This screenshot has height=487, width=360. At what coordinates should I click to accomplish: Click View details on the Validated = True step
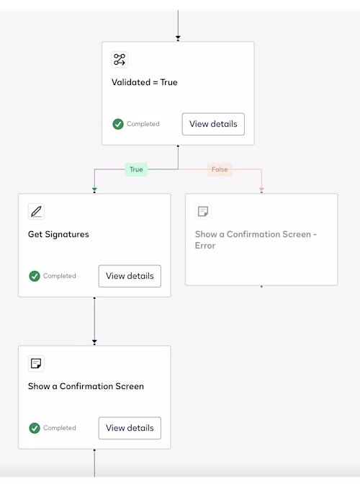213,124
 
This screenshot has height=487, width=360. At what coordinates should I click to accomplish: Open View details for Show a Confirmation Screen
130,428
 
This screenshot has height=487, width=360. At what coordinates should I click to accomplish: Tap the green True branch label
136,169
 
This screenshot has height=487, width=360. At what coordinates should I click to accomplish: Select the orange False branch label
220,169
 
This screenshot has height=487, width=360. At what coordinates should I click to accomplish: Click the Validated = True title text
145,82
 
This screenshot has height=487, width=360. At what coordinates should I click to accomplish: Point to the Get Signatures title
58,234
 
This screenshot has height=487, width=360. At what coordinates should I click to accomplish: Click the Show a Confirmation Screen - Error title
256,240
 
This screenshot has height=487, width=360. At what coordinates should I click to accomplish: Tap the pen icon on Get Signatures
36,212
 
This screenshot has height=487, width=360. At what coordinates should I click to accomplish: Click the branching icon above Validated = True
120,59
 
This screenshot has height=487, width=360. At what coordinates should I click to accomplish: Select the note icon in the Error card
203,212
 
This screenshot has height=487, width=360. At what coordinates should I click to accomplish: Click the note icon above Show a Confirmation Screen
36,363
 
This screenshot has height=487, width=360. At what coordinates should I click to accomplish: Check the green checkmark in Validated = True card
118,124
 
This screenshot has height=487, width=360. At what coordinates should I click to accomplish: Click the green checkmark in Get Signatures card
35,276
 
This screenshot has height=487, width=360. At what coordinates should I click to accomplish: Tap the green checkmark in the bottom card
35,428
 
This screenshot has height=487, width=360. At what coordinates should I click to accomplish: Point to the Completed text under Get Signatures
60,276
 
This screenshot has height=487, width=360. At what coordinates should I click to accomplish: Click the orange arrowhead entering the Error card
261,189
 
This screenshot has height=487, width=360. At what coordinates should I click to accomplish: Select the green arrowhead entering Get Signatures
94,189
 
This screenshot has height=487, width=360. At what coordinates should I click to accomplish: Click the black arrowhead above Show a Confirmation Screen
94,341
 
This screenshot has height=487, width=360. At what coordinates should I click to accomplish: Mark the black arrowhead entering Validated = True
178,37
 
